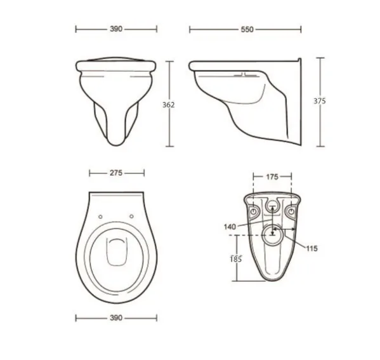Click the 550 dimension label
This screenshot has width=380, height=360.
[247, 30]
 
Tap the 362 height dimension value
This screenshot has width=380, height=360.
[168, 105]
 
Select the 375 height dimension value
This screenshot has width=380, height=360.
[320, 101]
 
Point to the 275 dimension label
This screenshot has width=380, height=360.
[116, 173]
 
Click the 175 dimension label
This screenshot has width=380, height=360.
[272, 177]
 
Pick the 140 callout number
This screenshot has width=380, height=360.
[230, 227]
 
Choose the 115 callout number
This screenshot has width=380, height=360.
[311, 248]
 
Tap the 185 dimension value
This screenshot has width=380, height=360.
[236, 259]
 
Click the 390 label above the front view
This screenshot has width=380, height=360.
[116, 29]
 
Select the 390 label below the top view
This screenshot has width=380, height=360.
[116, 318]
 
